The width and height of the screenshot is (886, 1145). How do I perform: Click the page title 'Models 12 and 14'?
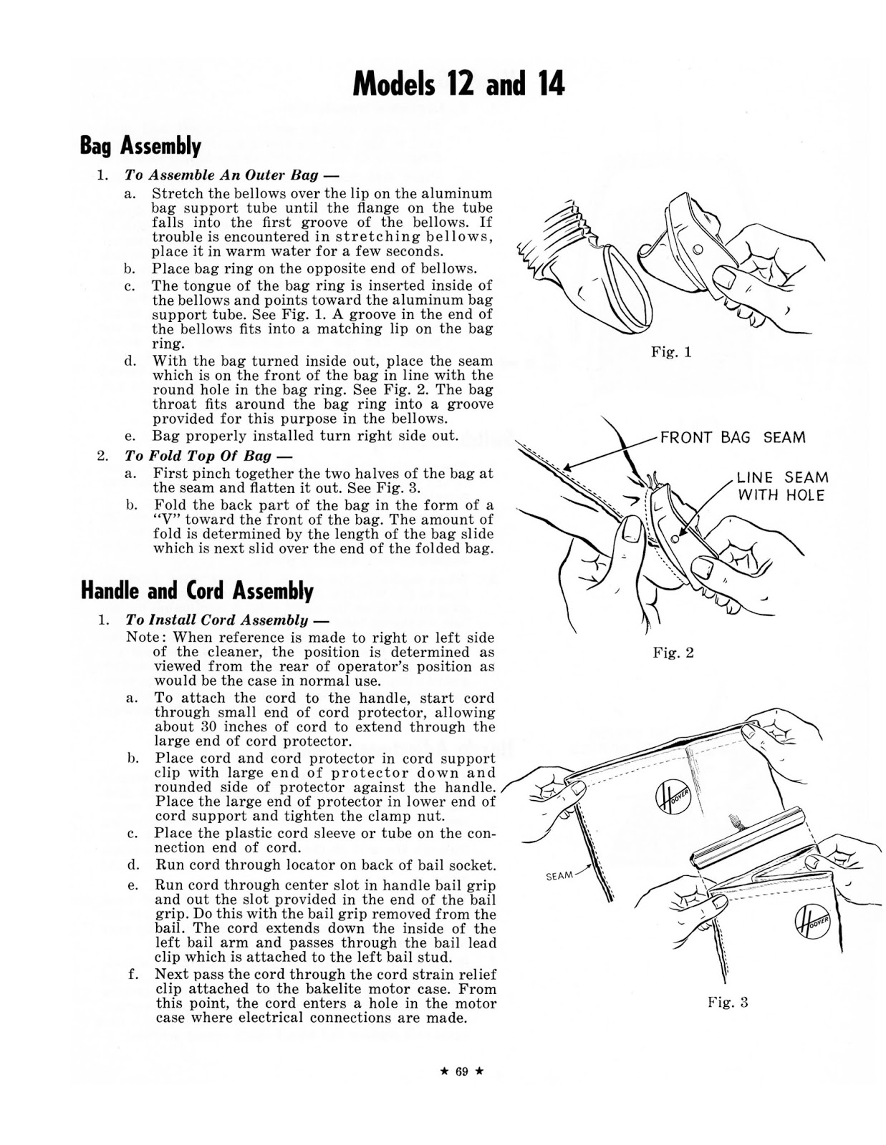(x=458, y=84)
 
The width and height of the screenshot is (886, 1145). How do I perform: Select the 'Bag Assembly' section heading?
(x=140, y=146)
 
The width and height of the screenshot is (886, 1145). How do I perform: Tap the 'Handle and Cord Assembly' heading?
(x=197, y=590)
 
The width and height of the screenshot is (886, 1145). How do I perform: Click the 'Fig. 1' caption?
(x=671, y=352)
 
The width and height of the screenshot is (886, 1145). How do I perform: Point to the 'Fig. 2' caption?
(x=673, y=653)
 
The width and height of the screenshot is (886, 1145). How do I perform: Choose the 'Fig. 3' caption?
(x=728, y=1002)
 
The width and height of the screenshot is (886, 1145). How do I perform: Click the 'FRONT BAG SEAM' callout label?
(x=732, y=437)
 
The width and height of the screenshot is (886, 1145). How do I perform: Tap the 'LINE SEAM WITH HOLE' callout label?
(x=783, y=486)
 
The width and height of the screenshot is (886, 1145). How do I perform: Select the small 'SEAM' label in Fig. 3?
(x=559, y=875)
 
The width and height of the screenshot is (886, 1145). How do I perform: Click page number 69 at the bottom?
(x=461, y=1071)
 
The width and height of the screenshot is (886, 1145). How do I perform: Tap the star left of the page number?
(x=446, y=1071)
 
